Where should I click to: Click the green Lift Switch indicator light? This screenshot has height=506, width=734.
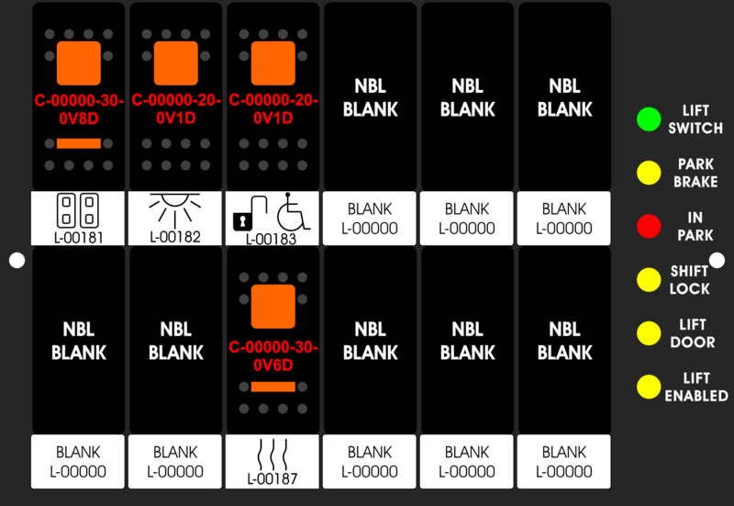coord(649,118)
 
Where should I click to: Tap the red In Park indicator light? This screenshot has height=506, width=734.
coord(649,226)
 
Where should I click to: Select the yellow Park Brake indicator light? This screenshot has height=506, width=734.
coord(649,172)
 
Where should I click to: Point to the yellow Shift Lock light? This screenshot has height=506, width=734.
coord(649,279)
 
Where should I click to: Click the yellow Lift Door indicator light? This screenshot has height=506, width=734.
coord(649,332)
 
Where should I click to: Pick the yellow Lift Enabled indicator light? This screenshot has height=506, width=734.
coord(649,387)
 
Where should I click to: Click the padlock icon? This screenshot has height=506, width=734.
coord(242,220)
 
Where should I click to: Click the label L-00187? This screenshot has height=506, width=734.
coord(272,478)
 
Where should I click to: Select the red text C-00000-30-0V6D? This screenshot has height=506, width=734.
coord(272,355)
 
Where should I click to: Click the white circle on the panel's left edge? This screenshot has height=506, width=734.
coord(17,261)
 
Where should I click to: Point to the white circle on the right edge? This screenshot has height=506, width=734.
coord(717,261)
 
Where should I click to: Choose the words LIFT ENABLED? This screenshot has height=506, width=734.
coord(695,387)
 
